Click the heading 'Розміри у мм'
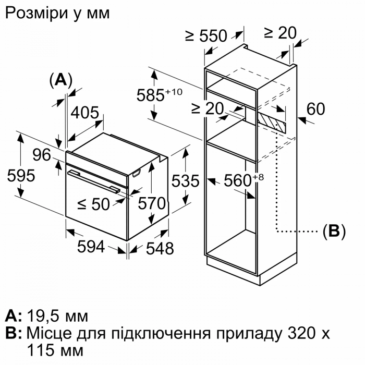tap(57, 13)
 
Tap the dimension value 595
tap(21, 176)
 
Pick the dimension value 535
tap(186, 181)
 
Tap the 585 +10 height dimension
tap(159, 95)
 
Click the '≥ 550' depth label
tap(206, 36)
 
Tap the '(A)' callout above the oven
tap(60, 79)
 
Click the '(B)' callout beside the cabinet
tap(334, 231)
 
